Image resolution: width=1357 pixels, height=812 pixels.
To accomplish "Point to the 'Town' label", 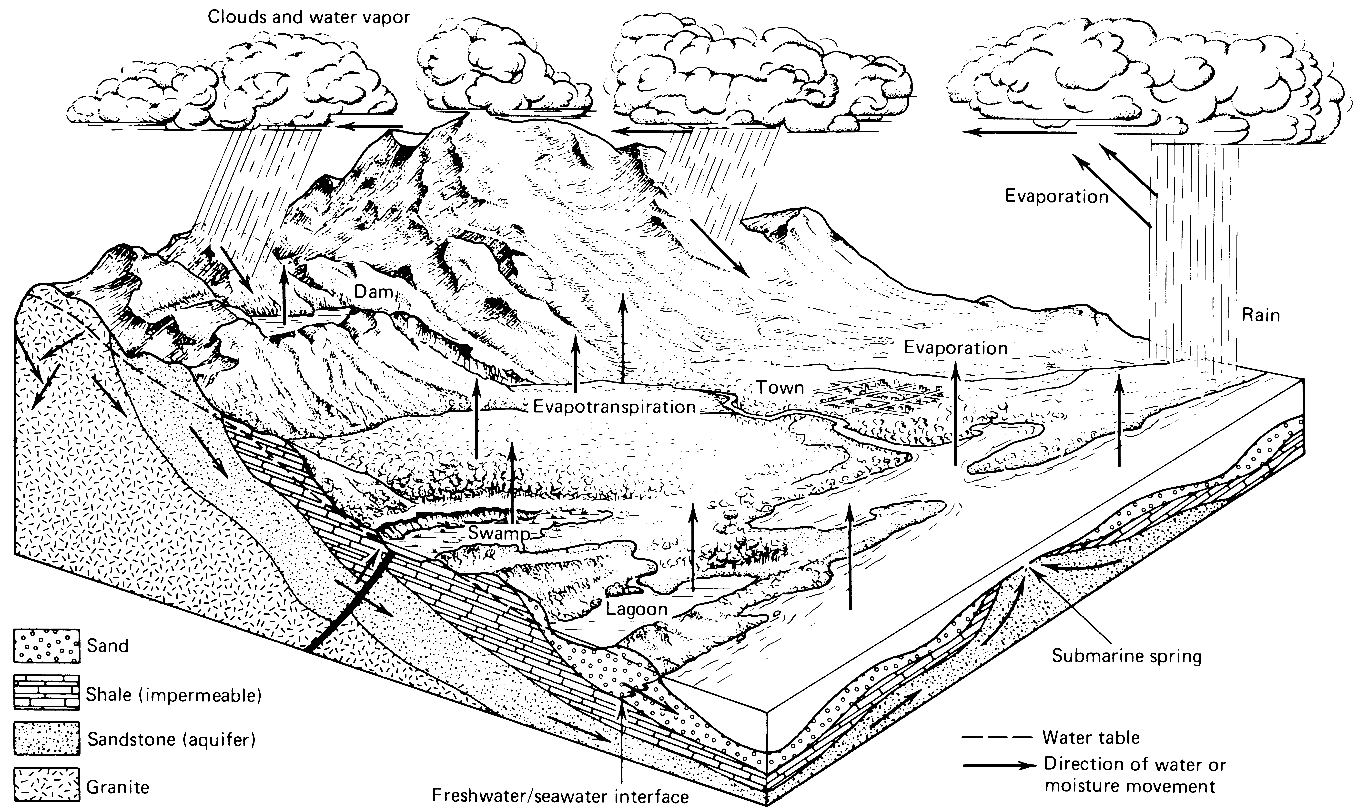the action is (780, 388).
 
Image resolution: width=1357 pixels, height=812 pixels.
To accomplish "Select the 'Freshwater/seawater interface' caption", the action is (560, 796).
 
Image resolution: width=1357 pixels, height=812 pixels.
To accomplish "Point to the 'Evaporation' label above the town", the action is (955, 348).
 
